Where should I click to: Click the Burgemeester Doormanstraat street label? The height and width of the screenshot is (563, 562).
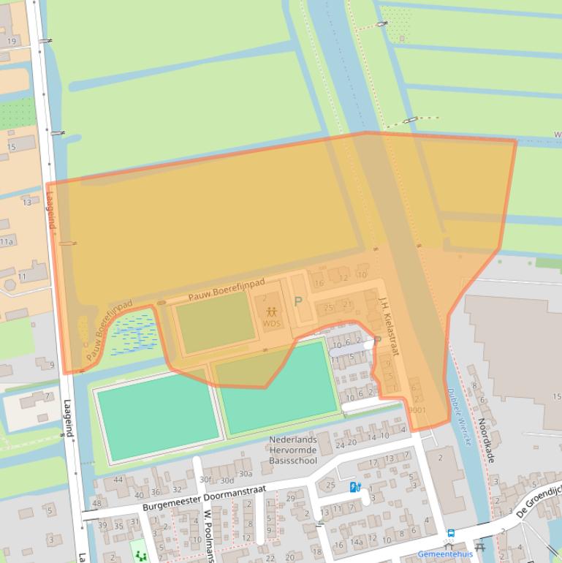tap(204, 496)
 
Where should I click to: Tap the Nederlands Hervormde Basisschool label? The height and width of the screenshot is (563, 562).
tap(293, 450)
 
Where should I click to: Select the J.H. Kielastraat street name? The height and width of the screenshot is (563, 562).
tap(388, 325)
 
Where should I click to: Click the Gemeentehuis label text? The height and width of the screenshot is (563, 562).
tap(445, 554)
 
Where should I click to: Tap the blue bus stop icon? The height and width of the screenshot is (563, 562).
tap(451, 534)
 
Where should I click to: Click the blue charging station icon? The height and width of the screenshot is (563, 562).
tap(354, 487)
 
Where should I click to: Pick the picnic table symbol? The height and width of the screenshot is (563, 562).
tap(479, 545)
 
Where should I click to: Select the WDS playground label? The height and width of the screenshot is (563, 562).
tap(272, 323)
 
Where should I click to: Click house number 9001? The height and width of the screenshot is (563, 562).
tap(417, 410)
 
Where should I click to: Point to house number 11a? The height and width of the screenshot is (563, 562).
tap(7, 241)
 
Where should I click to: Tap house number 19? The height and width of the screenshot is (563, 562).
tap(12, 41)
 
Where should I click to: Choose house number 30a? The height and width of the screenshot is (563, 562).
tap(246, 474)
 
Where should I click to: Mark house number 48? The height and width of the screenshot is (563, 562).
tap(96, 504)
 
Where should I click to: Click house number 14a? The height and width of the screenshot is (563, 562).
tap(356, 543)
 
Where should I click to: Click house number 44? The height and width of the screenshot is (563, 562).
tap(118, 480)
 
